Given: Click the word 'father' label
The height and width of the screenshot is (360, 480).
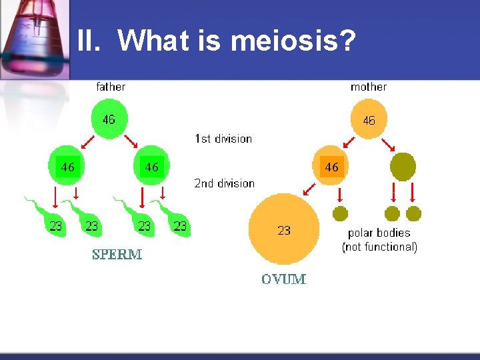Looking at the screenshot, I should tap(111, 87).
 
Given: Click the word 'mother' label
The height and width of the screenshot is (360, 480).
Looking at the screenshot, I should tap(369, 87).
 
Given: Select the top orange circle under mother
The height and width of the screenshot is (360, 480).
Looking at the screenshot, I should tap(368, 120).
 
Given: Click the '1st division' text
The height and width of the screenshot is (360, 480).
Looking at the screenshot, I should tap(223, 139).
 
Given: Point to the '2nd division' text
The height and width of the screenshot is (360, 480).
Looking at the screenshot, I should tap(225, 183).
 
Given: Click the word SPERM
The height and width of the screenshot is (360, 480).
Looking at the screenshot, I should tap(117, 254).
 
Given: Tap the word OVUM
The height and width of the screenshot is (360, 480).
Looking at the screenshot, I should tap(283, 279).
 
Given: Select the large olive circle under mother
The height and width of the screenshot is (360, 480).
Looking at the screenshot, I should tap(403, 166).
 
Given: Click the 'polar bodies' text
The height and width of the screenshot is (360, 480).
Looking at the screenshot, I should tap(379, 233).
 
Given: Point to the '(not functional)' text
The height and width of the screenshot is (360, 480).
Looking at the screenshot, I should tap(379, 247).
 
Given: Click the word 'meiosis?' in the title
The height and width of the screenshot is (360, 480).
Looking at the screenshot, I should tap(293, 41).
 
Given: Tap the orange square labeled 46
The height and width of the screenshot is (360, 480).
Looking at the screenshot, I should tap(332, 167).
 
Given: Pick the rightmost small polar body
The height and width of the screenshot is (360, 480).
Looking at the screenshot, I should tap(414, 213).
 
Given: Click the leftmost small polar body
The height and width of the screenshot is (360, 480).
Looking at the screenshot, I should tap(340, 213).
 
